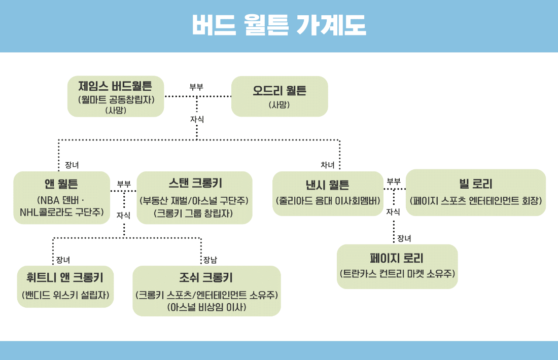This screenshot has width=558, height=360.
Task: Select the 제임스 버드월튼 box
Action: click(x=116, y=96)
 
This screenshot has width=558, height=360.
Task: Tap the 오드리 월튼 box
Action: click(x=280, y=96)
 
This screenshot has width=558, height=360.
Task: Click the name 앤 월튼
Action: click(x=61, y=184)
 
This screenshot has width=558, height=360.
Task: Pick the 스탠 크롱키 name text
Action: click(x=195, y=183)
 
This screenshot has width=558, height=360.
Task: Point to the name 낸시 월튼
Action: click(x=327, y=185)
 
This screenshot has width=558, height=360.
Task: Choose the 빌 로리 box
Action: click(x=476, y=193)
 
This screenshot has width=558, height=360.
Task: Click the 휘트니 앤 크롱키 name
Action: click(x=65, y=277)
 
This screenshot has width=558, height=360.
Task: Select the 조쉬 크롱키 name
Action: click(x=206, y=277)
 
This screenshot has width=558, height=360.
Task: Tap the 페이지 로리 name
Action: click(x=397, y=258)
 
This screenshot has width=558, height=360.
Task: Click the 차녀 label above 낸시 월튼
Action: click(x=327, y=165)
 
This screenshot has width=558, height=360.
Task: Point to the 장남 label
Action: click(x=210, y=260)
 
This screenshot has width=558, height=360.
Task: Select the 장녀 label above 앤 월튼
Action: click(x=72, y=165)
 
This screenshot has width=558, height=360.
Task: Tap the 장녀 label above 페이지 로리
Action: click(x=404, y=238)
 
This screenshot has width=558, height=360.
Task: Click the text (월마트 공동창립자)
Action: click(x=116, y=99)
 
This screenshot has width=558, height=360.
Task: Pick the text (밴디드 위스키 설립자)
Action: click(x=65, y=295)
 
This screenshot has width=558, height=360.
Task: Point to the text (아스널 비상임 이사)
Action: click(x=207, y=307)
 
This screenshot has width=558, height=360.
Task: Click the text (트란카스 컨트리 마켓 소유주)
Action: click(x=397, y=274)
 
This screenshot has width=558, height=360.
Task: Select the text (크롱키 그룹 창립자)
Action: click(x=194, y=213)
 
